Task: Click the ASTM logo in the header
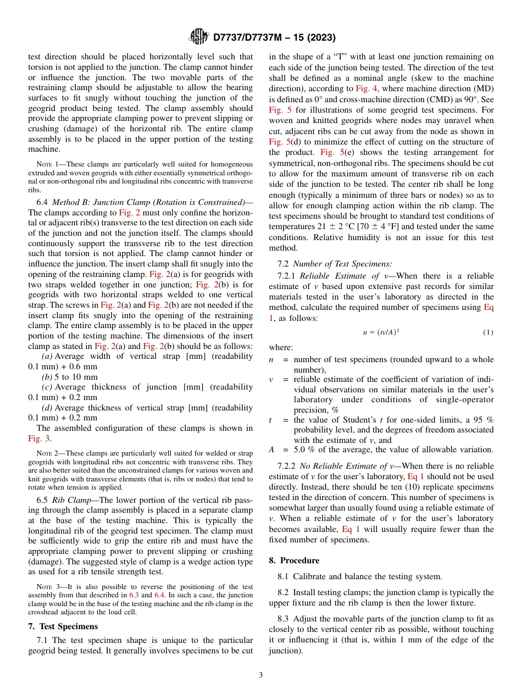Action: (x=198, y=37)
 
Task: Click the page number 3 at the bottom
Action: (x=261, y=675)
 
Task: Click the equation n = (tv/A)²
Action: (x=381, y=332)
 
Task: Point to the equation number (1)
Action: (x=488, y=332)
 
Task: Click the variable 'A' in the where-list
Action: (x=271, y=450)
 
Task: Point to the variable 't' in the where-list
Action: (x=270, y=420)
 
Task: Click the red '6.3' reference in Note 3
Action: (x=134, y=595)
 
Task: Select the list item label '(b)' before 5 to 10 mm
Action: (x=47, y=377)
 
